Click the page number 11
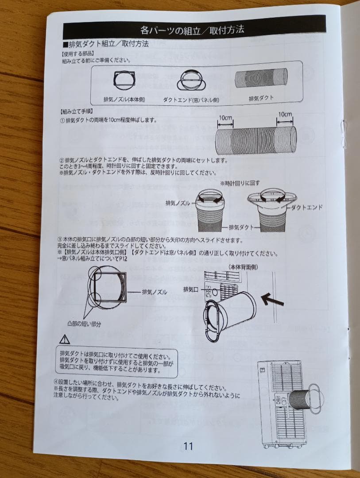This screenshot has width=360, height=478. coord(188,446)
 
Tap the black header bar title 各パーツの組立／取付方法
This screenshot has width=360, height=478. coord(192,30)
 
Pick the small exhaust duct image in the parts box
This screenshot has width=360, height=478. coord(261,78)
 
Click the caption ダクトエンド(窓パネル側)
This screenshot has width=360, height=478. coord(191,100)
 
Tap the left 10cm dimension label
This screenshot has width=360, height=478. coord(225,118)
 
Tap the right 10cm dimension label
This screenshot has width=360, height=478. coord(285,115)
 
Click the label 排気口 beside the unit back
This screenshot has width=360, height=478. coord(191,289)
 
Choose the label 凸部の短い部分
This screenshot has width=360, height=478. coord(84,324)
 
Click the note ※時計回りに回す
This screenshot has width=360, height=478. coord(240,182)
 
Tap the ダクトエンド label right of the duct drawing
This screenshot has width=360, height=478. coord(306,207)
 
